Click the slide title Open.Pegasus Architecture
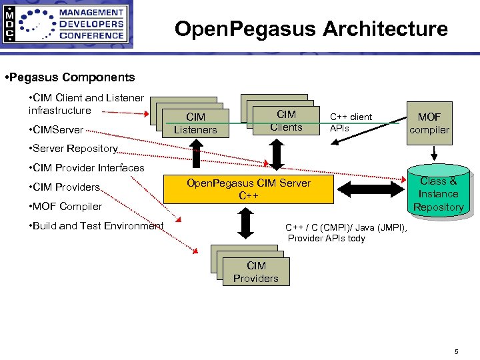point(311,29)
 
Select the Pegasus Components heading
point(69,77)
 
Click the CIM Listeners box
point(195,124)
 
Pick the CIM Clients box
point(286,121)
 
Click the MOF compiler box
point(429,123)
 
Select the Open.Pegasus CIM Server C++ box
point(249,189)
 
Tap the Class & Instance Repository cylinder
point(438,193)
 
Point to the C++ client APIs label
point(351,122)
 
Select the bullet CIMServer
point(57,129)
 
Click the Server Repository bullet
point(74,149)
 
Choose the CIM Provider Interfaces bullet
point(87,168)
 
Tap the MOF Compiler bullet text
point(66,207)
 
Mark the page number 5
point(456,351)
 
